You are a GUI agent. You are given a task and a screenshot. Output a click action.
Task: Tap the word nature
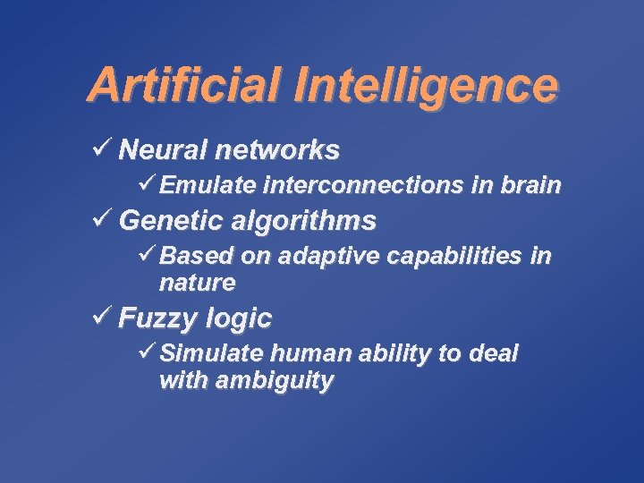click(197, 284)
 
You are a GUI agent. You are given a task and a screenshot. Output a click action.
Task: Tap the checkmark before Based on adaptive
click(148, 256)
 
